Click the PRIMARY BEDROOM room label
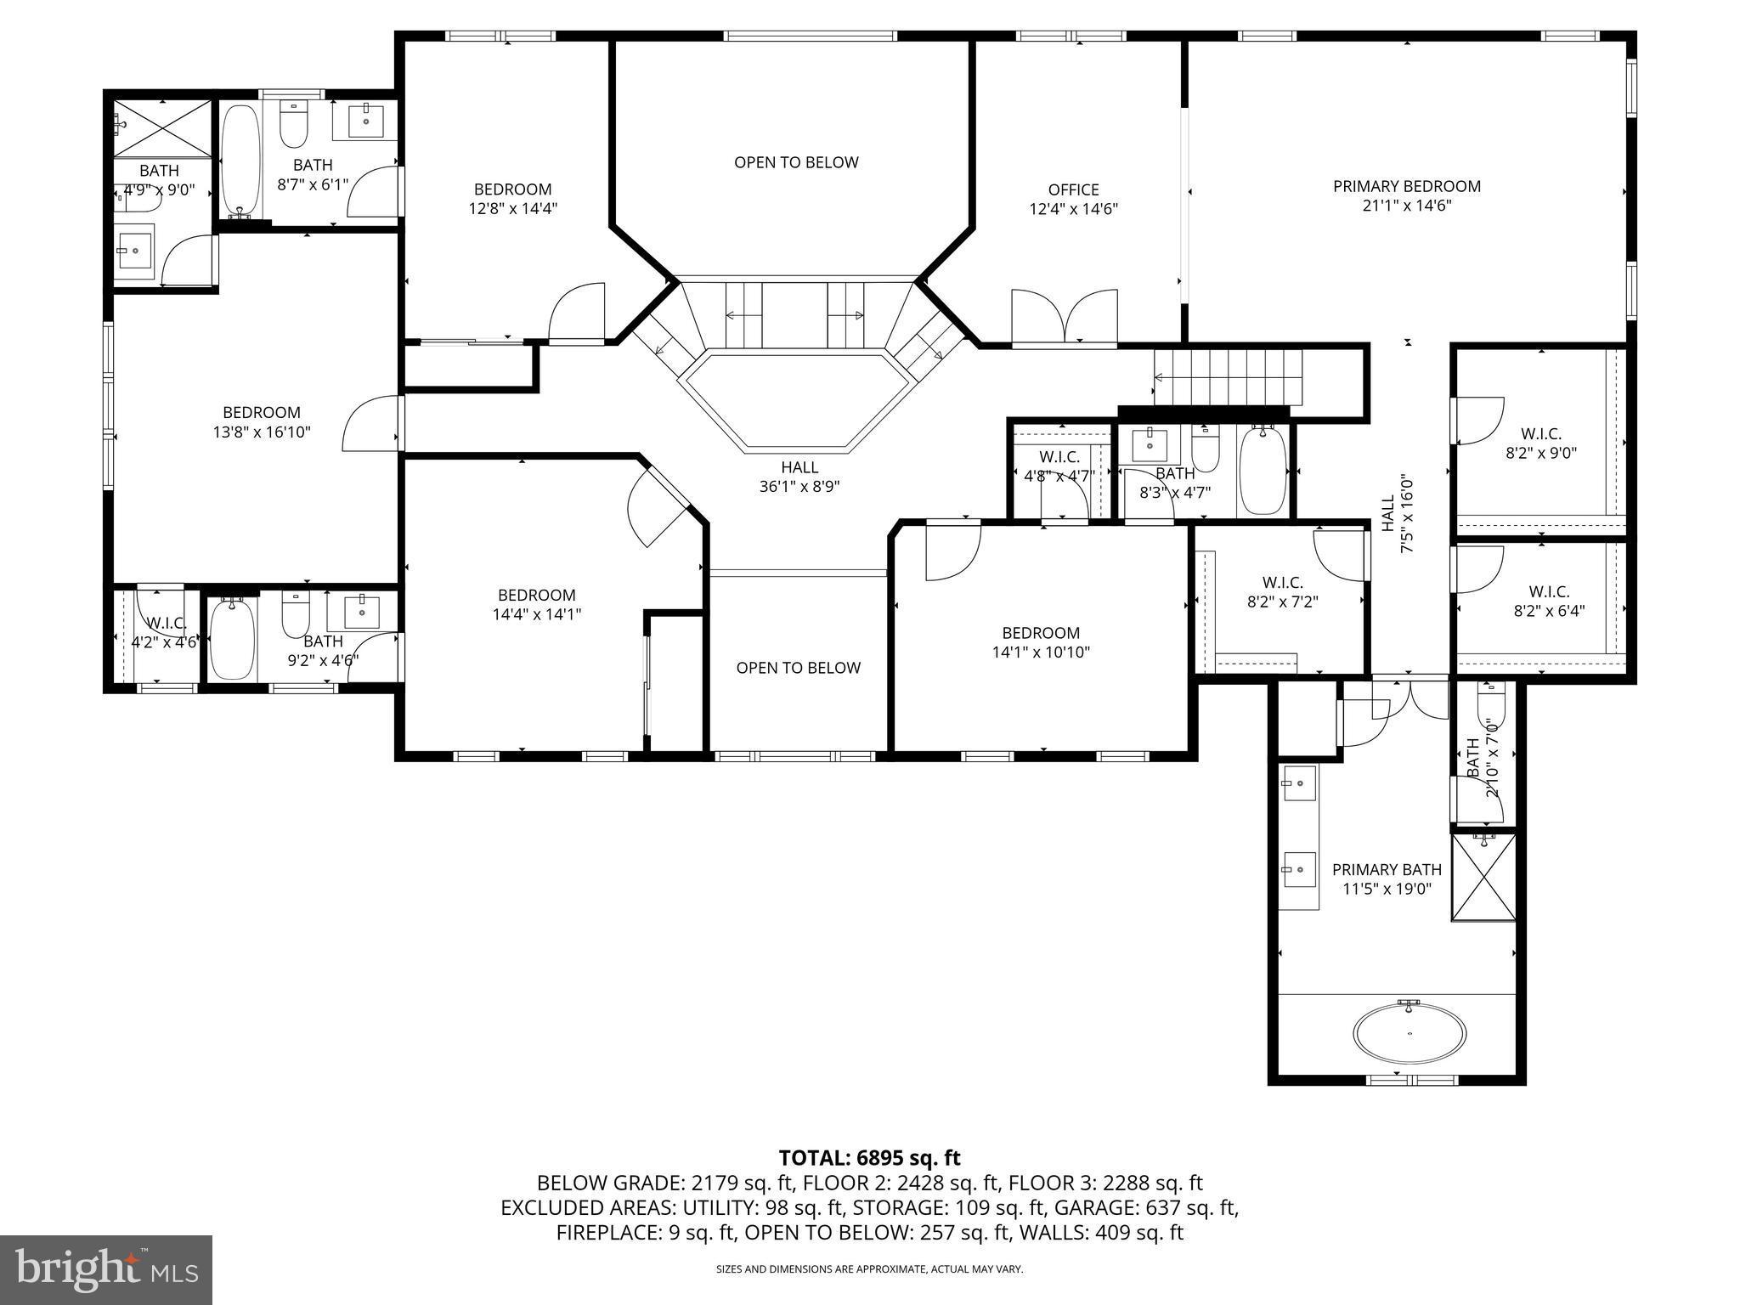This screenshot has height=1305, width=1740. tap(1406, 187)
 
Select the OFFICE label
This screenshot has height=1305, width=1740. tap(1073, 190)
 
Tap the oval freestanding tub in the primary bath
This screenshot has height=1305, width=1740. tap(1410, 1033)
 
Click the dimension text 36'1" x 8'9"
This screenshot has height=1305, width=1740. tap(799, 487)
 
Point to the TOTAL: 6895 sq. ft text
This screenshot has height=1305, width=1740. tap(869, 1158)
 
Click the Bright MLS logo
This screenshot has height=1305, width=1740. tap(106, 1270)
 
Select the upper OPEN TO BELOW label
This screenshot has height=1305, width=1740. tap(796, 162)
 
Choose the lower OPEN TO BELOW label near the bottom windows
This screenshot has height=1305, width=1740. tap(798, 668)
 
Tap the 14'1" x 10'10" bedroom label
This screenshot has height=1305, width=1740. tap(1040, 652)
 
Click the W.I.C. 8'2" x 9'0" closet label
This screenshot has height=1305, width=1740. tap(1540, 443)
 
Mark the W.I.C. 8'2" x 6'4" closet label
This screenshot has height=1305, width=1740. tap(1548, 601)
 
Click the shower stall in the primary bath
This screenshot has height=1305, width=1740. tap(1483, 877)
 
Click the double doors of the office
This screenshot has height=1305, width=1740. tap(1064, 319)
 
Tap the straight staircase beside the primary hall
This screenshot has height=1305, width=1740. tap(1227, 378)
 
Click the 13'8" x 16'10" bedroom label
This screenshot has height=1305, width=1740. tap(262, 422)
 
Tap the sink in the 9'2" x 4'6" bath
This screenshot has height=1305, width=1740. tap(362, 611)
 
